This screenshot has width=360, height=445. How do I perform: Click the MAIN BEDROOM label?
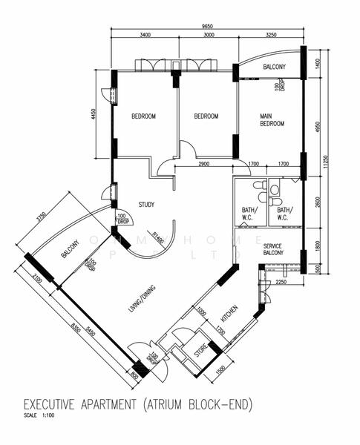click(271, 120)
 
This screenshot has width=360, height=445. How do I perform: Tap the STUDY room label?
click(146, 205)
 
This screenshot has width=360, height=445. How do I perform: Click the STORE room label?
click(201, 351)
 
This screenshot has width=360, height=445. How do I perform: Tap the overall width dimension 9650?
click(208, 27)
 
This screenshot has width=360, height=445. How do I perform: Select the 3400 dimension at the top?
click(145, 36)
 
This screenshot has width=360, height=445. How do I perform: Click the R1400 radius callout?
click(157, 238)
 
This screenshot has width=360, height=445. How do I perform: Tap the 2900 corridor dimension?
click(204, 163)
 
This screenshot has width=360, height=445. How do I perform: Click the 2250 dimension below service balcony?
click(281, 282)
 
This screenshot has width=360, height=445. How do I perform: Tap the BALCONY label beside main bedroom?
click(275, 67)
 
